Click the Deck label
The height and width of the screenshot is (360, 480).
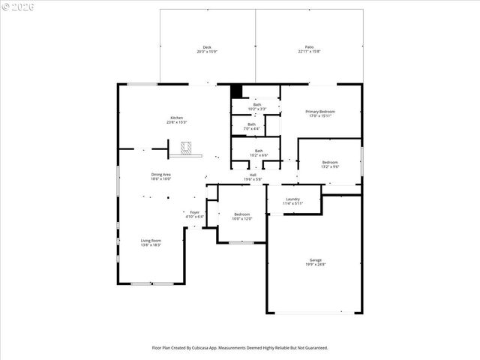click(x=207, y=46)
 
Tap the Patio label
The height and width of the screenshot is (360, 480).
click(x=309, y=46)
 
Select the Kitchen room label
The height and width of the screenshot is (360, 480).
click(x=176, y=118)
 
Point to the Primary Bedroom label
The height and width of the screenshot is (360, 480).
click(x=320, y=111)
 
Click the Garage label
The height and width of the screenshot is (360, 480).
click(x=314, y=260)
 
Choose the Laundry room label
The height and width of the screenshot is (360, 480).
click(x=292, y=199)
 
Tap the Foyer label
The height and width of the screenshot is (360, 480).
click(x=194, y=212)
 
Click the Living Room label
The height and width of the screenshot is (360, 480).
click(x=151, y=241)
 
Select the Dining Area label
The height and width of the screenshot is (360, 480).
click(x=161, y=174)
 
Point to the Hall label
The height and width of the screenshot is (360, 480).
click(x=253, y=175)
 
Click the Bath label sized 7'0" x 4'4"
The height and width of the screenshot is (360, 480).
click(x=251, y=124)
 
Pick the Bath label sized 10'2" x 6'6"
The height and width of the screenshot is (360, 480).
click(x=259, y=151)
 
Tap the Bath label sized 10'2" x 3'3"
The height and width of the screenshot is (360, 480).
click(x=256, y=104)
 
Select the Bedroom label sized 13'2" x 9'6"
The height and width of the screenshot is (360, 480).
click(x=331, y=162)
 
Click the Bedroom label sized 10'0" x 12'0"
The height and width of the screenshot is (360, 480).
click(x=241, y=214)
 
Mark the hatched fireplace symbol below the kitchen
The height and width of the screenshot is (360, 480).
click(x=190, y=147)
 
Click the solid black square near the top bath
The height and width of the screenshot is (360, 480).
click(x=236, y=91)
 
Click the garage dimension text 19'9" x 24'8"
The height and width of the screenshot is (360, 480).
click(x=314, y=264)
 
